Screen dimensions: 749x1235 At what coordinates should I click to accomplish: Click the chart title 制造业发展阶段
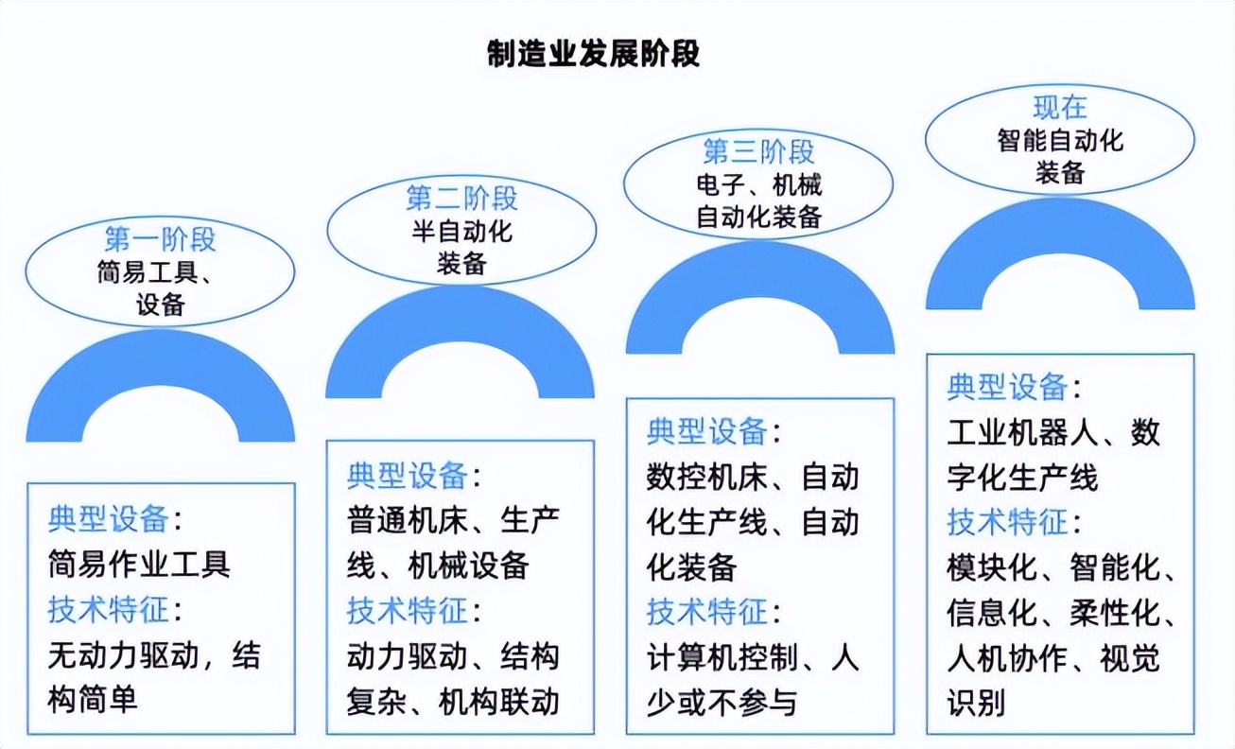point(593,54)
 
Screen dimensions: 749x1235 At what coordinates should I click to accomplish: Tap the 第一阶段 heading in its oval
point(160,238)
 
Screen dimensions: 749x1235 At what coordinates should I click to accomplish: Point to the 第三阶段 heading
point(759,150)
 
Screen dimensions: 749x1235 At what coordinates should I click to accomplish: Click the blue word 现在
point(1059,105)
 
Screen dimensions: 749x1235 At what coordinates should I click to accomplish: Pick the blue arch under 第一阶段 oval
point(160,364)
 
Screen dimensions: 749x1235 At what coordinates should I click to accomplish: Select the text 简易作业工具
point(139,565)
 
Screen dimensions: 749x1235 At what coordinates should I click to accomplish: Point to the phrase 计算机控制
point(722,657)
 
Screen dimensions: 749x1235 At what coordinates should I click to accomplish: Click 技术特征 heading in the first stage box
point(109,610)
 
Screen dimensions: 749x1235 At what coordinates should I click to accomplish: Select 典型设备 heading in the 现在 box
point(1008,388)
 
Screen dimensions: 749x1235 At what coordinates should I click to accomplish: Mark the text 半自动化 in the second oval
point(461,231)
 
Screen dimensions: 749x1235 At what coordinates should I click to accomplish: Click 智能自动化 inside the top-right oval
point(1059,140)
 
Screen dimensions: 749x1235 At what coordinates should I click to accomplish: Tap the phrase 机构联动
point(499,702)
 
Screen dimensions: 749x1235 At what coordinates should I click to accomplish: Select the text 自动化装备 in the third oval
point(759,217)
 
